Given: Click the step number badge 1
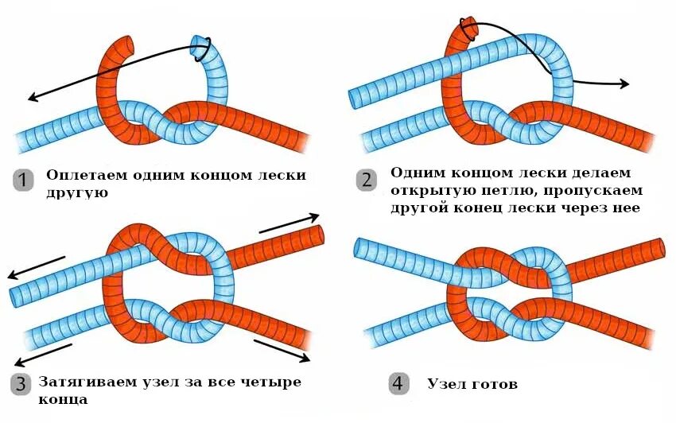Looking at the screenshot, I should (x=23, y=179).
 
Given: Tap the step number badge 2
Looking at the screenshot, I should (x=367, y=179).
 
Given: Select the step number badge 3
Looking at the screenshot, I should (x=23, y=385).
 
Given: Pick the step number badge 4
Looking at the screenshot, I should (x=400, y=385).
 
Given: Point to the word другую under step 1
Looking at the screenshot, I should (x=76, y=193).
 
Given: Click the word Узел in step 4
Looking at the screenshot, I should (x=445, y=385).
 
